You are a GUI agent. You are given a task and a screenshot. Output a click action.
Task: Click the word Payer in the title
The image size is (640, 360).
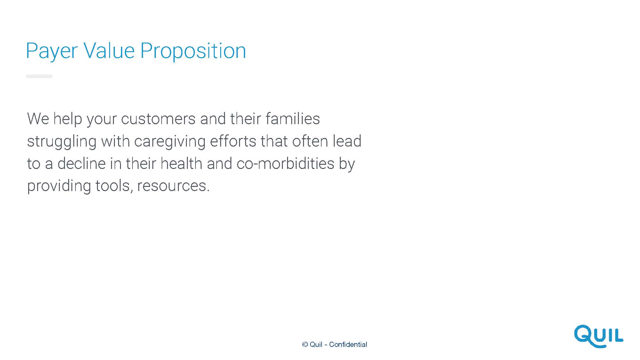click(x=52, y=51)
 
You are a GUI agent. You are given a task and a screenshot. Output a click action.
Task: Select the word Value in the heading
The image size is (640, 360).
click(x=109, y=51)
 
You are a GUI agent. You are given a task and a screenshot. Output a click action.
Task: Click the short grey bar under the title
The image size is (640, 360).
click(x=39, y=76)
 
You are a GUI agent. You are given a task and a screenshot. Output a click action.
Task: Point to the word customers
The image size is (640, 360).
click(x=158, y=119)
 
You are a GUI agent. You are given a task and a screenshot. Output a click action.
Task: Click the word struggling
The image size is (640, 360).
click(x=62, y=142)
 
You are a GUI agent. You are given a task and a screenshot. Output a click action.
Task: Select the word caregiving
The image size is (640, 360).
click(x=170, y=142)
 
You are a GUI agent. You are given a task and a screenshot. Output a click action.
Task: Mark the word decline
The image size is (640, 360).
click(x=82, y=163)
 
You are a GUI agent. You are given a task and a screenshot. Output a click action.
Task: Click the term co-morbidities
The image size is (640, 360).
click(x=285, y=163)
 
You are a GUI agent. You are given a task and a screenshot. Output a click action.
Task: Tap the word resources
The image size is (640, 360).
click(x=173, y=186)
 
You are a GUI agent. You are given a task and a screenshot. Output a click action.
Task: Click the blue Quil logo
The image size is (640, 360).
click(x=598, y=336)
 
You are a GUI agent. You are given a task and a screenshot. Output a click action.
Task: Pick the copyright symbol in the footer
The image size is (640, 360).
click(x=305, y=344)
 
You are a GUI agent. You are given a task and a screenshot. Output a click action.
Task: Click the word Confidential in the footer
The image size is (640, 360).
click(x=348, y=344)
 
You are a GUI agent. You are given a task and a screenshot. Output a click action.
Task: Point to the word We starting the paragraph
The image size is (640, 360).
click(x=38, y=119)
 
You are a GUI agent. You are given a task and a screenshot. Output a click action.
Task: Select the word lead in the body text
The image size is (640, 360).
click(x=347, y=141)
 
